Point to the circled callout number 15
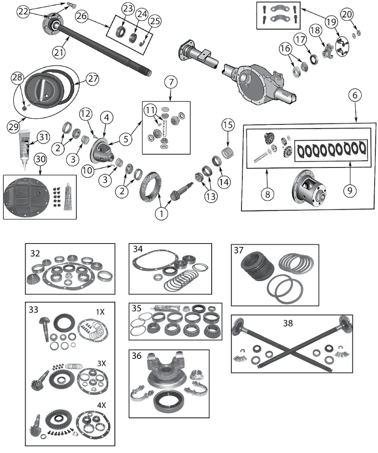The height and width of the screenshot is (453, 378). [x=228, y=126]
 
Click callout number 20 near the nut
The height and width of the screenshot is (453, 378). [x=347, y=15]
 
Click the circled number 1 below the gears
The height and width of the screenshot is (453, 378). [x=162, y=214]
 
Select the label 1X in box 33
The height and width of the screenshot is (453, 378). [x=100, y=313]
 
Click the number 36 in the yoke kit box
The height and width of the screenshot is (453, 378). [x=137, y=355]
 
